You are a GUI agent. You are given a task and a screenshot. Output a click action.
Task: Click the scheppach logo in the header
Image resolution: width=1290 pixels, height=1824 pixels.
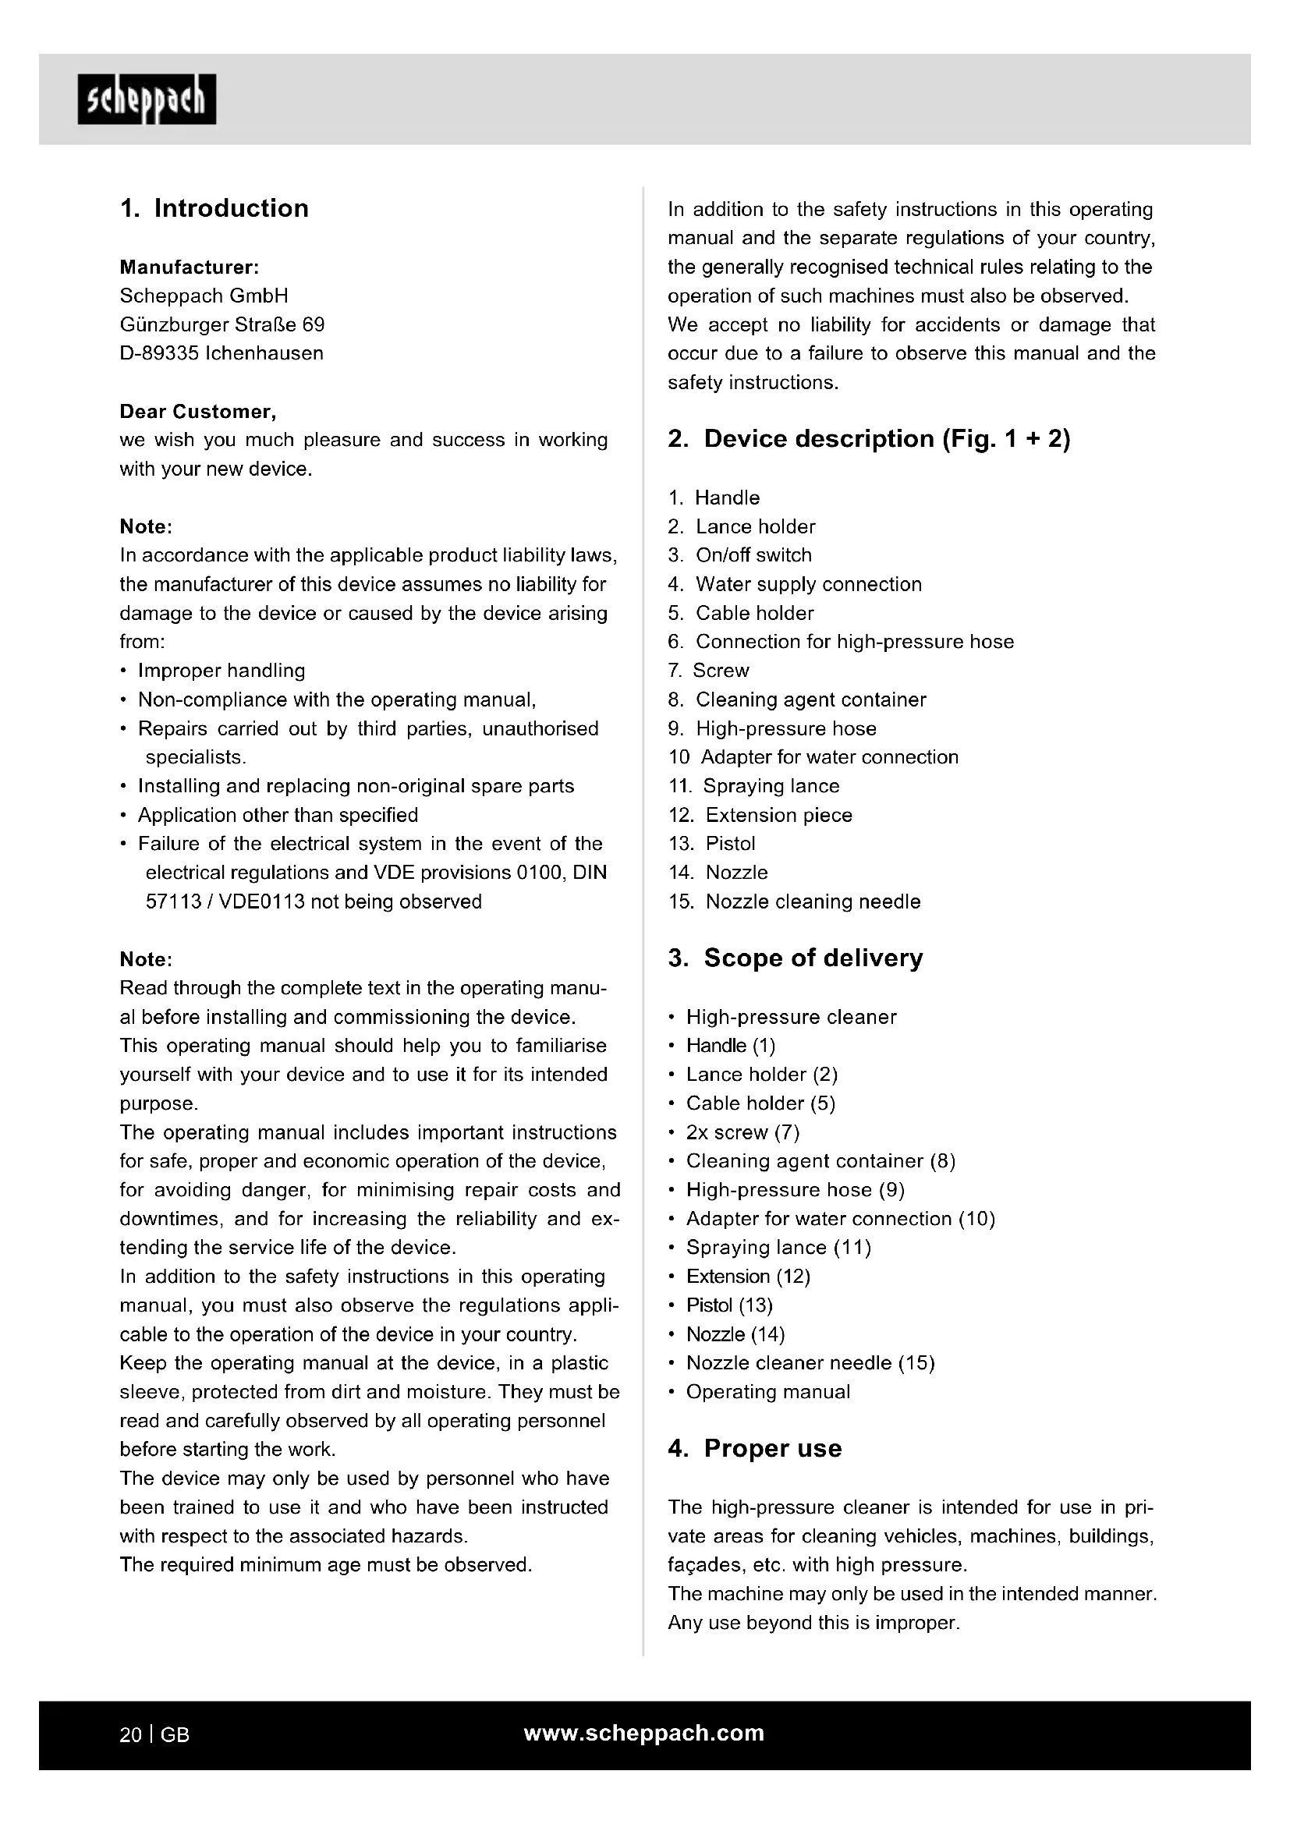click(146, 100)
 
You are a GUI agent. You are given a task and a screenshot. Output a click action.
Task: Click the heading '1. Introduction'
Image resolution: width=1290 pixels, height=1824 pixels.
click(214, 208)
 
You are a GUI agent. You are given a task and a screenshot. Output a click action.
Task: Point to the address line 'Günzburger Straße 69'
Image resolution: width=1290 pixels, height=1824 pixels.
click(221, 325)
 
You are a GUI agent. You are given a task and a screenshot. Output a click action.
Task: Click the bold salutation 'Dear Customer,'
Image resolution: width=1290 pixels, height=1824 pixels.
click(198, 412)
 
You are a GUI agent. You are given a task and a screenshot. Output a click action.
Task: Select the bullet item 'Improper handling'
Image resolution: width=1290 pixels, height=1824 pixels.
click(221, 671)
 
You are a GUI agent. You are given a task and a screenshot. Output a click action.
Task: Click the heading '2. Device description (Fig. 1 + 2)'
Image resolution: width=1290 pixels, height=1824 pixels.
click(869, 438)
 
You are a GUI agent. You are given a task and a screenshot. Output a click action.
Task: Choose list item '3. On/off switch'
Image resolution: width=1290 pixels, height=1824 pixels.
click(739, 555)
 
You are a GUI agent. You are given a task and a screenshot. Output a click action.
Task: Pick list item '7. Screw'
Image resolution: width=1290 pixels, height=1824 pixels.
click(708, 671)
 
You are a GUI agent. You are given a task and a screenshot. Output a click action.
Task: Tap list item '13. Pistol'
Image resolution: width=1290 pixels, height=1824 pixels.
click(712, 844)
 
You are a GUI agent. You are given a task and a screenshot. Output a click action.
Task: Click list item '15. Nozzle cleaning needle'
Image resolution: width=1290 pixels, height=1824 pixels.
click(794, 901)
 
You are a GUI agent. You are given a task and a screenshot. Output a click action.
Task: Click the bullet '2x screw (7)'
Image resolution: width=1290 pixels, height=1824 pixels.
click(742, 1132)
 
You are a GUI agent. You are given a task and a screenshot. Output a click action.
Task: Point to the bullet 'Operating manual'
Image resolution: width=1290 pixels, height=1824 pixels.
click(767, 1392)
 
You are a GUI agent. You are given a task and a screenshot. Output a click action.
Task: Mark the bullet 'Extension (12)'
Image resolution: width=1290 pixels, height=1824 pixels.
click(747, 1277)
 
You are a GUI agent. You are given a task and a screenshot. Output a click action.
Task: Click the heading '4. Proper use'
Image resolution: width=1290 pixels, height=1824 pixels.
click(755, 1448)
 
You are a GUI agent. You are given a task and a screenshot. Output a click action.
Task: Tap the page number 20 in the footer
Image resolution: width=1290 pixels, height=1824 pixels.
click(130, 1735)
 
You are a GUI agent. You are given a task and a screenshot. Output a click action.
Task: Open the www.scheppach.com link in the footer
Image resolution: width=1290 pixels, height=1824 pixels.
click(644, 1734)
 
